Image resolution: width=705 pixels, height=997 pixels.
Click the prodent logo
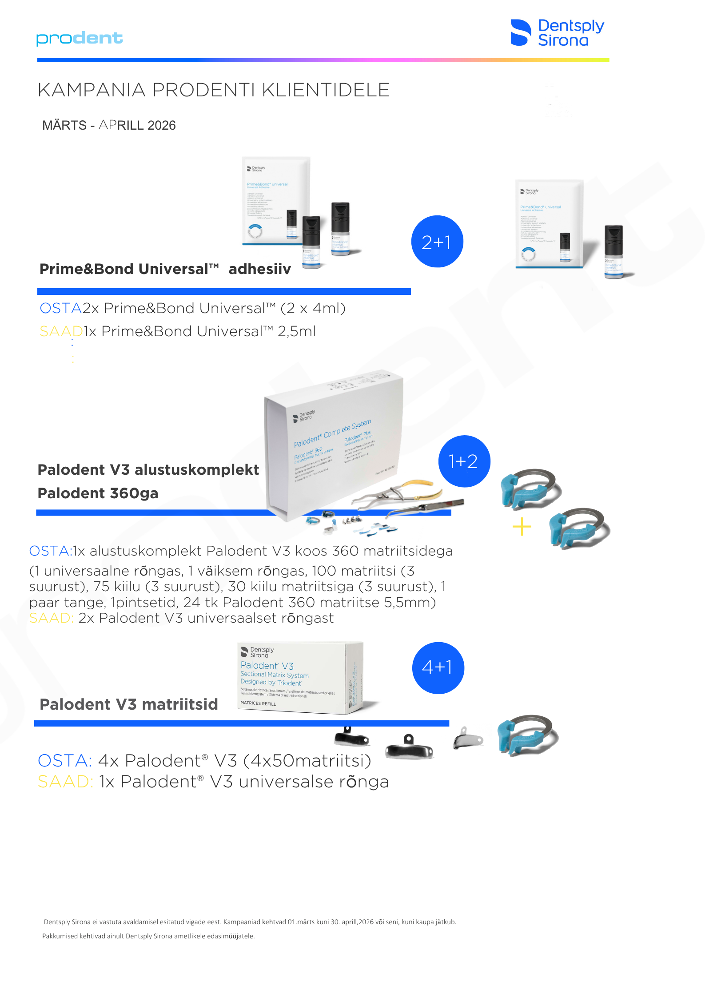(x=80, y=39)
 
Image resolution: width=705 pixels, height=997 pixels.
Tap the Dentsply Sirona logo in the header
(x=557, y=33)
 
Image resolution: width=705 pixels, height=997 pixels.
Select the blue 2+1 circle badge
(x=437, y=242)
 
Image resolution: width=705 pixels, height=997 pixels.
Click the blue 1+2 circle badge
(x=464, y=461)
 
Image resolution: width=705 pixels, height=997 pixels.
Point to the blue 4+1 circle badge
(x=438, y=668)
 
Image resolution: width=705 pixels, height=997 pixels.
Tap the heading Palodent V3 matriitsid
(x=129, y=704)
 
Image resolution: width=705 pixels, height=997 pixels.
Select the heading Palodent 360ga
(x=98, y=493)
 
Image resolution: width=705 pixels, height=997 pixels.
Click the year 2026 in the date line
(x=162, y=126)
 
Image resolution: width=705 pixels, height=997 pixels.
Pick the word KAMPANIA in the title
(x=92, y=90)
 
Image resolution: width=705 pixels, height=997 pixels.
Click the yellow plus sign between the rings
(x=522, y=527)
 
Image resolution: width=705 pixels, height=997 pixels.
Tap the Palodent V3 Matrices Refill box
(x=300, y=677)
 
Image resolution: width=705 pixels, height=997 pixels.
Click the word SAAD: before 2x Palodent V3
(x=51, y=618)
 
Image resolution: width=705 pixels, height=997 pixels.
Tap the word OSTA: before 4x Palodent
(x=65, y=761)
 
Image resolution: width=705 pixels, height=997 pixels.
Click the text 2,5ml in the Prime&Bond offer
(x=296, y=331)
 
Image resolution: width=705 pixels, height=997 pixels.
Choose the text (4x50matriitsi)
(x=307, y=761)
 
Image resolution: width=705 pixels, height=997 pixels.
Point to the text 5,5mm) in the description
(x=413, y=603)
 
